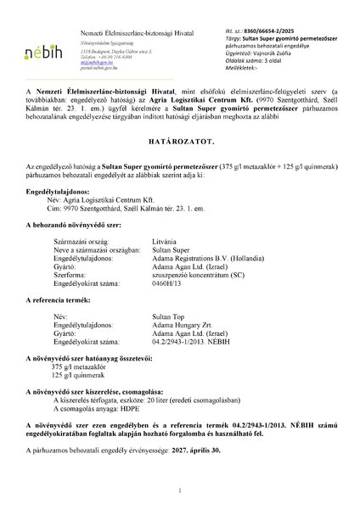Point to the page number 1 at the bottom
180,489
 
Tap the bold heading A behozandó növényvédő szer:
76,228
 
